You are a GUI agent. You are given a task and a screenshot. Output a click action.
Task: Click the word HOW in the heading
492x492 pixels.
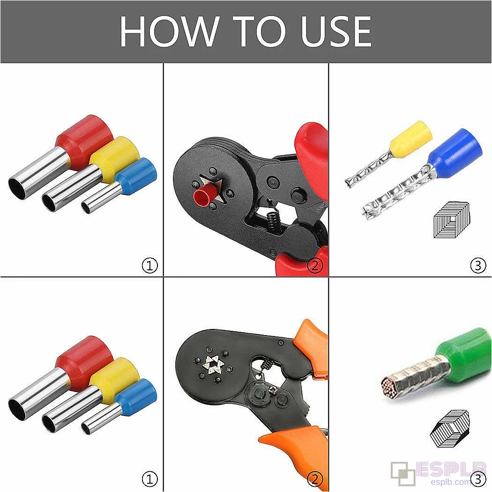(x=169, y=31)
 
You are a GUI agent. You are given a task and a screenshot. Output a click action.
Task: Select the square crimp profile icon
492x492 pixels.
(x=452, y=220)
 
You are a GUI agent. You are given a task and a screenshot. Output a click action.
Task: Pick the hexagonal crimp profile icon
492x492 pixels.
(x=449, y=428)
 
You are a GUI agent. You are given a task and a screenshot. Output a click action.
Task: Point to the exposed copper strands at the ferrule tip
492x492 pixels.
(x=389, y=386)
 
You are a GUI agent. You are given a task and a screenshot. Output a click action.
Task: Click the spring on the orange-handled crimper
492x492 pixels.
(x=267, y=364)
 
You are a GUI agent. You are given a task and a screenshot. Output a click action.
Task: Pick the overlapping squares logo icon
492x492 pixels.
(x=403, y=473)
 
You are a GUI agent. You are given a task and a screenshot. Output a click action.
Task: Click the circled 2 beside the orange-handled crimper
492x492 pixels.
(x=315, y=479)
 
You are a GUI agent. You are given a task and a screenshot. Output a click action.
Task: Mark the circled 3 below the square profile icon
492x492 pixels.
(x=478, y=266)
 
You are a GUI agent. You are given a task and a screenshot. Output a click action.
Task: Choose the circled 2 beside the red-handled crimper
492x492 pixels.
(x=315, y=266)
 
